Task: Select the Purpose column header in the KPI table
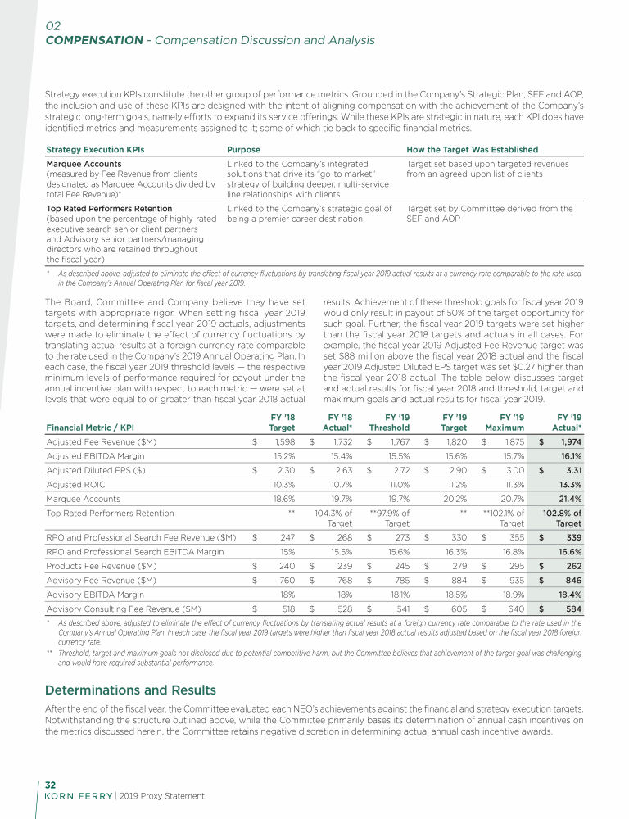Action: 243,150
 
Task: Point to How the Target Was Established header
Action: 472,150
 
